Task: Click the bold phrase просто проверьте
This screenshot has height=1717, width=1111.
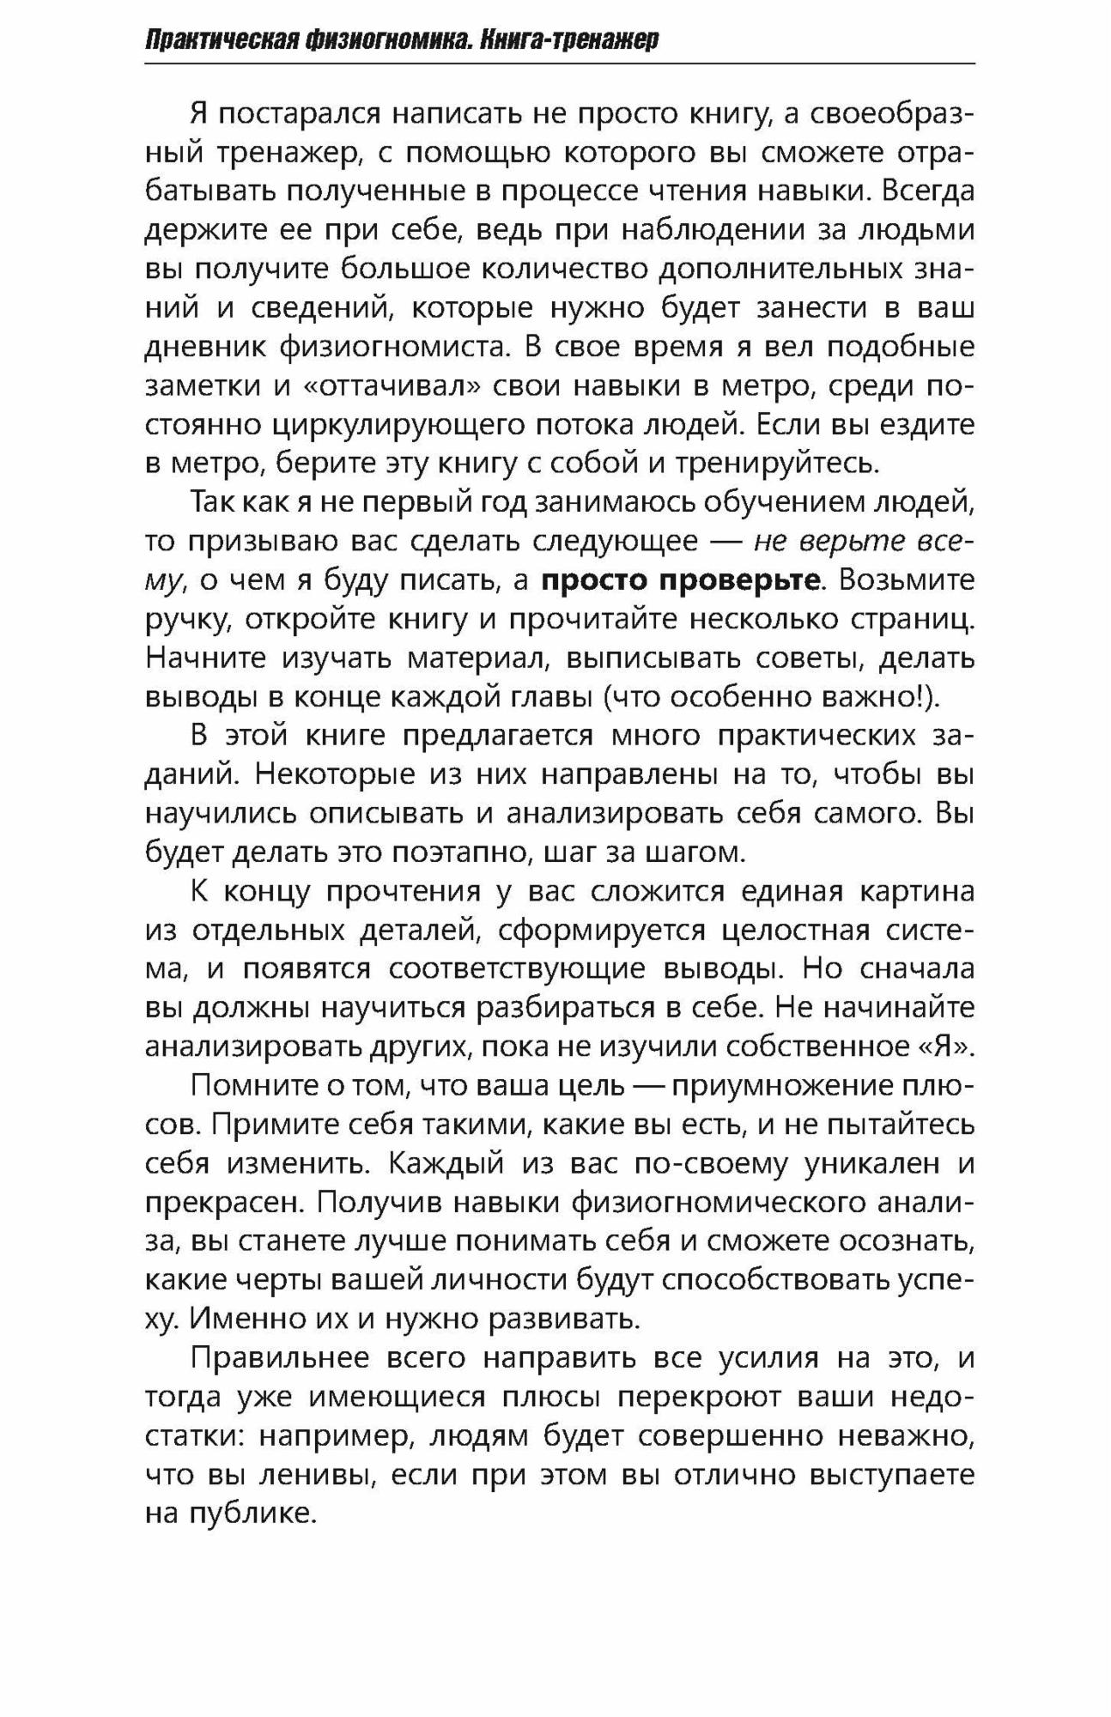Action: (x=680, y=580)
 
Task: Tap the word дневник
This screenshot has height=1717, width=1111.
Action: (x=203, y=347)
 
